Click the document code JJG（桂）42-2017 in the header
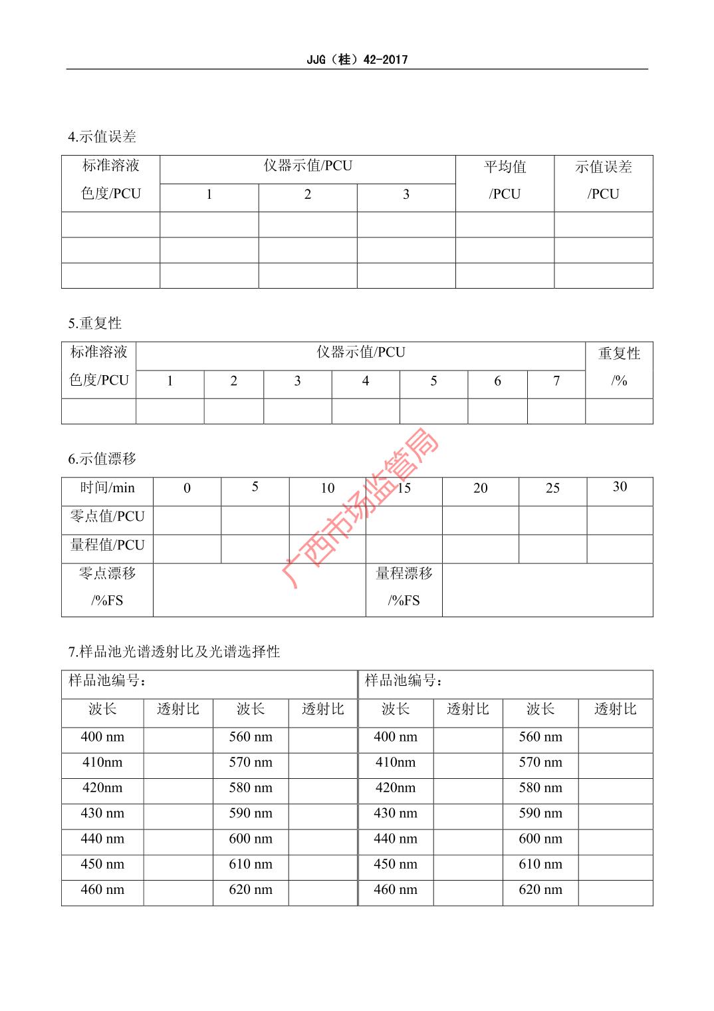357,60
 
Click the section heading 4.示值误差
102,137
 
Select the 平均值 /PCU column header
505,180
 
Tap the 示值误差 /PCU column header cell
603,180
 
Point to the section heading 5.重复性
94,324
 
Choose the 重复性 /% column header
619,367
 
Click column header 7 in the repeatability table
556,381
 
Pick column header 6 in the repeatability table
497,381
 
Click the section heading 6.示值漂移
102,459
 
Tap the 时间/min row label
107,488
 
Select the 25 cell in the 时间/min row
552,488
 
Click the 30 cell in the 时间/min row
620,487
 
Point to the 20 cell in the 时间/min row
480,488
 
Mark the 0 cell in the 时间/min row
187,488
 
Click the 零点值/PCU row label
107,517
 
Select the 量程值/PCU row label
107,545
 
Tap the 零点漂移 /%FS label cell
107,587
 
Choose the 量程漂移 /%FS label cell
404,587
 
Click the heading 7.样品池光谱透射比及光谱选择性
174,652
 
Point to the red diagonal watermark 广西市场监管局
362,509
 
